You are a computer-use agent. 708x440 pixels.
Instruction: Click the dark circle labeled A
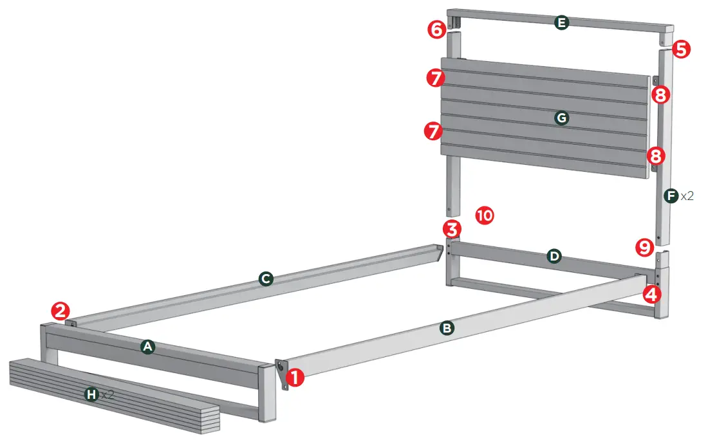(148, 347)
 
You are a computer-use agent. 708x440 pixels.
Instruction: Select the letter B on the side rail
(447, 328)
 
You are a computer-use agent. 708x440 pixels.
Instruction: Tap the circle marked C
(265, 279)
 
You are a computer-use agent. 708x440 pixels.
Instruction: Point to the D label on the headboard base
(554, 257)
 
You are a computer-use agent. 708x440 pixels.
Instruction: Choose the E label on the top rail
(562, 23)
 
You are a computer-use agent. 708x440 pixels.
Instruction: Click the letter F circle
(671, 195)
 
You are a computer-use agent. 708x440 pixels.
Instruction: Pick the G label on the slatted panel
(562, 118)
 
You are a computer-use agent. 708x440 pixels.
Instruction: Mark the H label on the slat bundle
(93, 394)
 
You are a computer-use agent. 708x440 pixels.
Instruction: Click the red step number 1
(295, 378)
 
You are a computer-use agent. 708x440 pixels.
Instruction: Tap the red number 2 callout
(61, 312)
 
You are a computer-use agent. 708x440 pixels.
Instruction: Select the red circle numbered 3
(452, 228)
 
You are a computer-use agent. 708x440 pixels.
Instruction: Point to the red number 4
(651, 295)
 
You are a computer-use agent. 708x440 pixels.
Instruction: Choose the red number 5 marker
(681, 49)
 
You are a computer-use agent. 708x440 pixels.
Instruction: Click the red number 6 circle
(437, 29)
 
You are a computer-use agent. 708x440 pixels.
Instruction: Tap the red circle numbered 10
(485, 215)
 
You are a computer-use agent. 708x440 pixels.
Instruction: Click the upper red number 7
(435, 78)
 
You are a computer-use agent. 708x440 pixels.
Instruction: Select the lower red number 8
(657, 155)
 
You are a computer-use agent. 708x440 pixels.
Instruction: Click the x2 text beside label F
(687, 196)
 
